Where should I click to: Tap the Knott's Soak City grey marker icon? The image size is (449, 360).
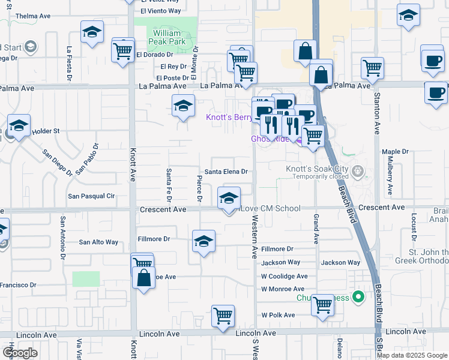[358, 172]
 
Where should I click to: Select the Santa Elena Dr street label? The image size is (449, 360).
[226, 172]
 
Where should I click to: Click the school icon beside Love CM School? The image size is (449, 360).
[228, 199]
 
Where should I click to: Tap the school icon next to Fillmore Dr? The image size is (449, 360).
[203, 241]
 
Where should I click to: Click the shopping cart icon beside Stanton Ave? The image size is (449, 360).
[372, 68]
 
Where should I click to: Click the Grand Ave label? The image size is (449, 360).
[316, 229]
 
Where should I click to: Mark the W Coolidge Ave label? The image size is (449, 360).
[284, 277]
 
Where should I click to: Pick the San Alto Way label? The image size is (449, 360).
[99, 242]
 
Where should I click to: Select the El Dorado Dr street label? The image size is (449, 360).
[153, 55]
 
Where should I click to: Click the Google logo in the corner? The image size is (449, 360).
[20, 352]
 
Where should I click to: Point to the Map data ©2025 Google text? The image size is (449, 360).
[411, 355]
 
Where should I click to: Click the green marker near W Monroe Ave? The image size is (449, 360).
[358, 296]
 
